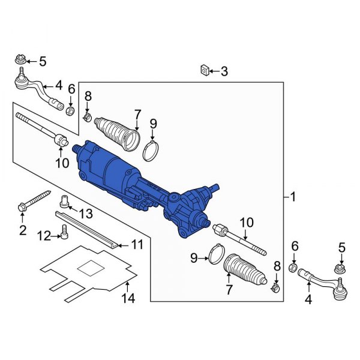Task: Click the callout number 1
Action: pyautogui.click(x=292, y=197)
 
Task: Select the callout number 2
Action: pyautogui.click(x=23, y=230)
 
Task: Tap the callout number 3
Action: pyautogui.click(x=224, y=72)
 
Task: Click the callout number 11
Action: pyautogui.click(x=137, y=244)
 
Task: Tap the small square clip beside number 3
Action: pyautogui.click(x=204, y=71)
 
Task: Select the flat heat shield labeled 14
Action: pyautogui.click(x=90, y=270)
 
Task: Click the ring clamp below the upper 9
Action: pyautogui.click(x=152, y=150)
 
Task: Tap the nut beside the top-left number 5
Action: pyautogui.click(x=19, y=60)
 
